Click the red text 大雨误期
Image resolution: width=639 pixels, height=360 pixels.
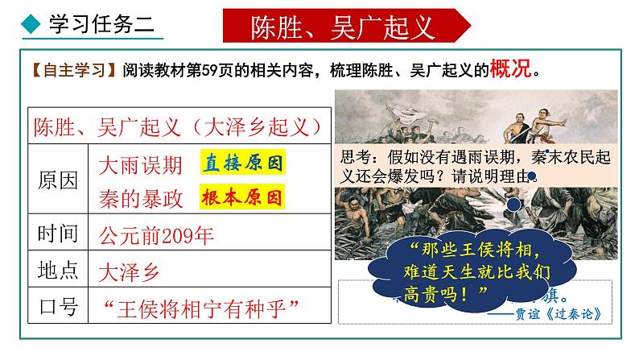tap(140, 165)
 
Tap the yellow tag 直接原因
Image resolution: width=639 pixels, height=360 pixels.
tap(242, 165)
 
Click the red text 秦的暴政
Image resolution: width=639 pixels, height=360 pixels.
tap(140, 197)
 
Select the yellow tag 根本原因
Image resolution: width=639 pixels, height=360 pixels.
tap(242, 197)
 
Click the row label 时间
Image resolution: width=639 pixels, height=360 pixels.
tap(58, 234)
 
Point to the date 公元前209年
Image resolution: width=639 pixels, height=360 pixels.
tap(157, 234)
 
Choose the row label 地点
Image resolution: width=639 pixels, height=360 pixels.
tap(58, 270)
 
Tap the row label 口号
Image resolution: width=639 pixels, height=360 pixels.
tap(58, 307)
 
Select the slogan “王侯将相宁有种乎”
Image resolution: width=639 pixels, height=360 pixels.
tap(202, 307)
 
